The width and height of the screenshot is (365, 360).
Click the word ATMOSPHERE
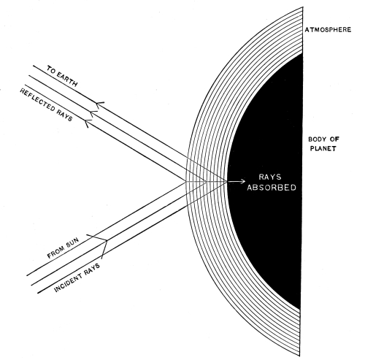point(328,30)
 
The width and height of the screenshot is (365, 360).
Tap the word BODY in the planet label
point(318,139)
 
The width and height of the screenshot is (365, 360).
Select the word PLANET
point(323,148)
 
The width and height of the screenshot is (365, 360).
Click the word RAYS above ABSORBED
point(270,177)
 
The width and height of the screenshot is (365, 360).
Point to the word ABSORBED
point(272,188)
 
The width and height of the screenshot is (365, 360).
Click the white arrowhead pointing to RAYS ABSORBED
point(243,181)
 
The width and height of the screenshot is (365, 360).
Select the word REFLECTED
point(37,100)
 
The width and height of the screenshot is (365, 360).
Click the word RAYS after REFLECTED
point(64,115)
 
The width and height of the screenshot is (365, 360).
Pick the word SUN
point(72,244)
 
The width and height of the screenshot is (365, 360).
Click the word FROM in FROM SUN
point(55,253)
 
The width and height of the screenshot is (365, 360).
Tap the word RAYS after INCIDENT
point(92,269)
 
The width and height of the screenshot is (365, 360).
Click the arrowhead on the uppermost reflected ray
point(99,104)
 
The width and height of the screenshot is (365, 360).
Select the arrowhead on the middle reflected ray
point(93,113)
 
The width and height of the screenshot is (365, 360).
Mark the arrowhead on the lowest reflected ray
point(88,123)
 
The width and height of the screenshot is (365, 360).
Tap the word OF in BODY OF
point(335,139)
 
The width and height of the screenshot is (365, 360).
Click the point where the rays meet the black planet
point(227,181)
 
